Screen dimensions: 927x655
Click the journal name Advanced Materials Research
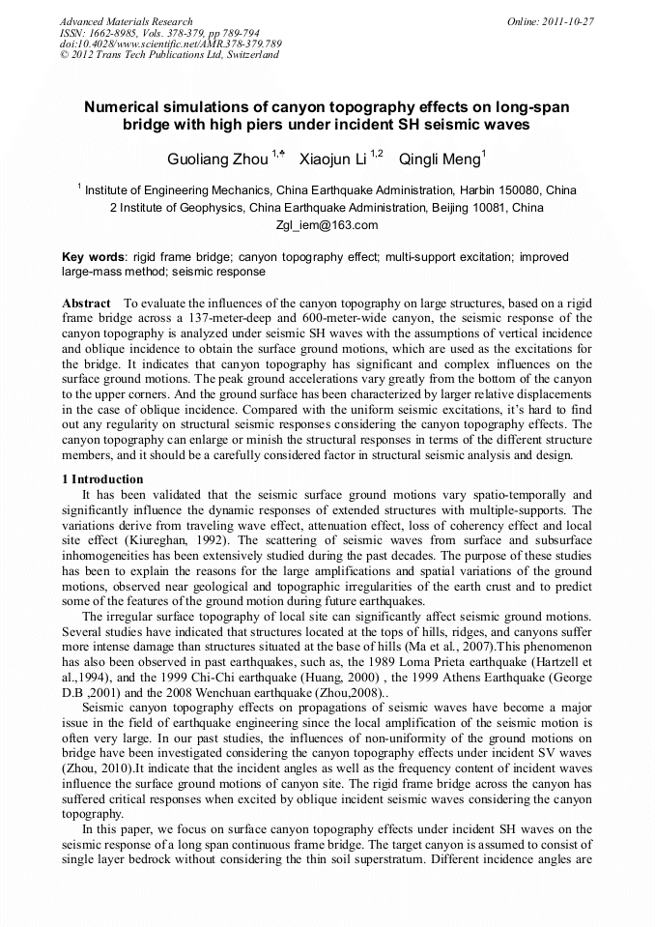(126, 21)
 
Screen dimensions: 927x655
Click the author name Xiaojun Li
(332, 158)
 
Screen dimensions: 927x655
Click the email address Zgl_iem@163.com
(327, 225)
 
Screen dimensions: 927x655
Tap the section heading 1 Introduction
(102, 479)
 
